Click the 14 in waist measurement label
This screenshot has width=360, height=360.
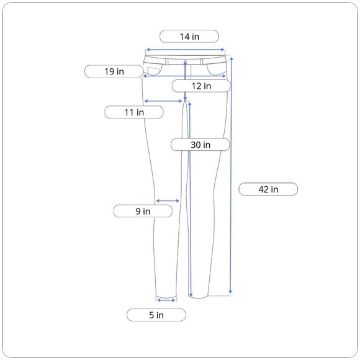[189, 36]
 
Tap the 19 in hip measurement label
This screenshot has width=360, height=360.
[114, 71]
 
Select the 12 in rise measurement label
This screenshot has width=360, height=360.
[201, 86]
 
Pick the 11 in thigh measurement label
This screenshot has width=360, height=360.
[134, 112]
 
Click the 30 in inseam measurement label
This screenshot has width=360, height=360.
[200, 145]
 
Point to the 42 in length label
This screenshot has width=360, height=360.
[268, 189]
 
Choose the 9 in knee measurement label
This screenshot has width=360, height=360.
[143, 211]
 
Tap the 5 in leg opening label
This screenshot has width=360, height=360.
[156, 315]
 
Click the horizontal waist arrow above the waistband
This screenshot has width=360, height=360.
[185, 50]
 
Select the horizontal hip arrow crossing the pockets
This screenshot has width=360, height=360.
[184, 76]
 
